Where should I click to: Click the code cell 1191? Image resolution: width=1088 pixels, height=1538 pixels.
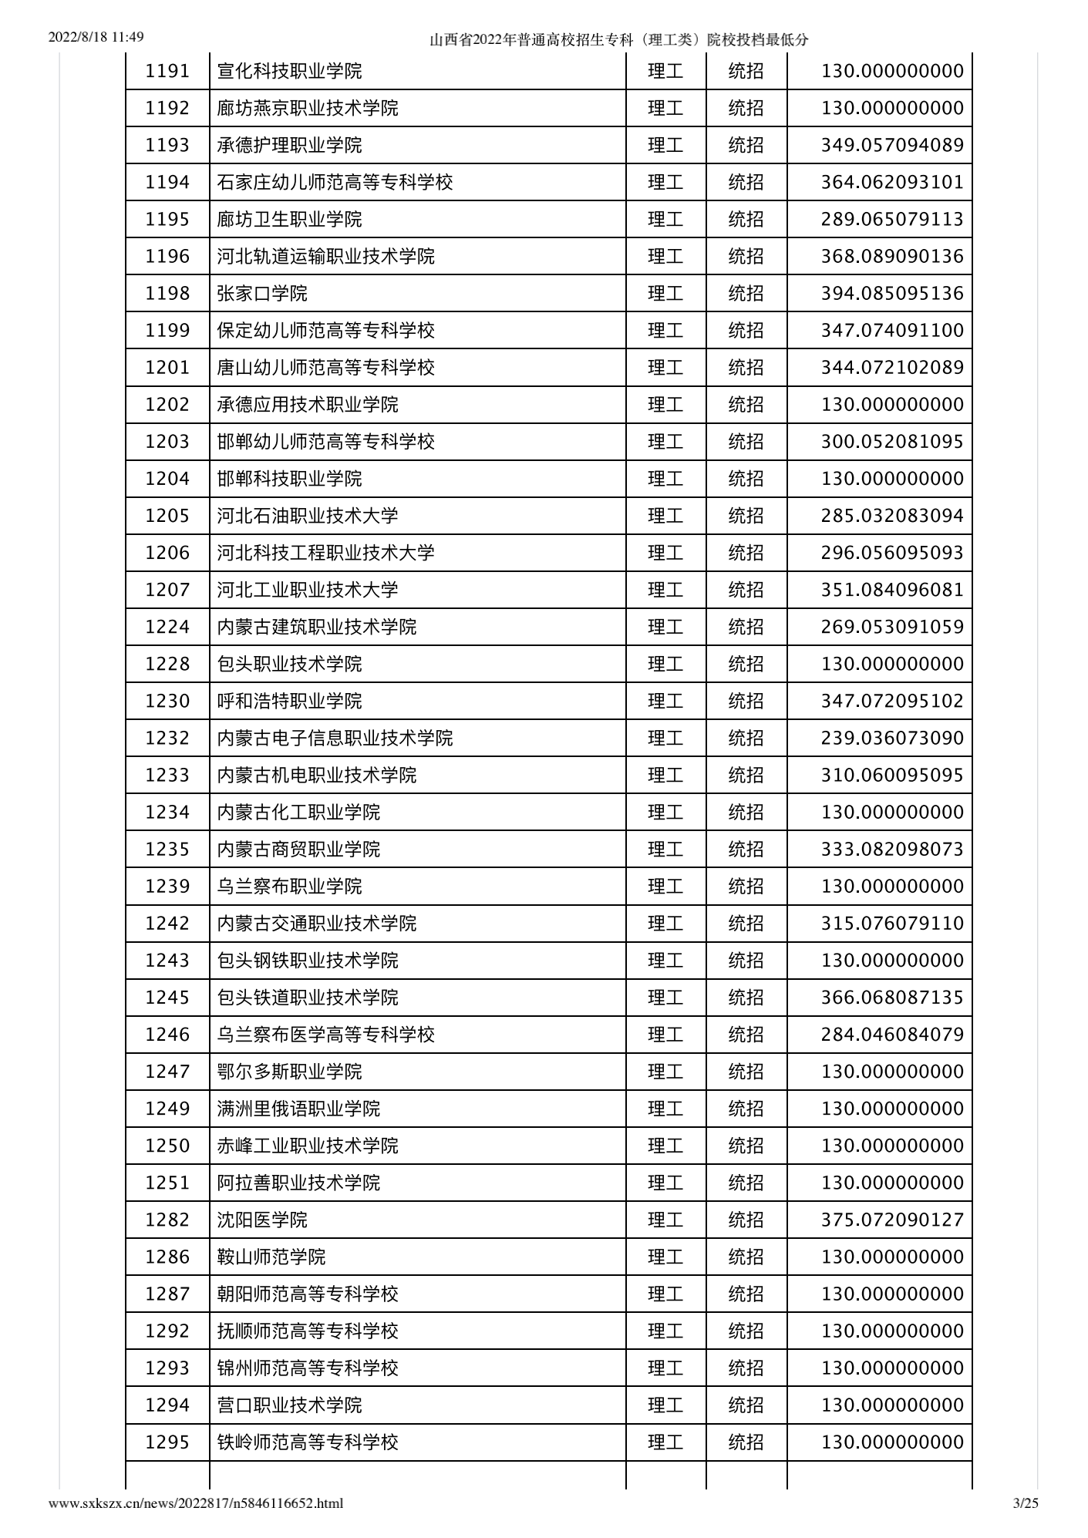(x=167, y=71)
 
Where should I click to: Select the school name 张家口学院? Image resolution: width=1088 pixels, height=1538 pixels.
(x=262, y=294)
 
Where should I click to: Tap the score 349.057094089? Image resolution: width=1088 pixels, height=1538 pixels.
(x=892, y=146)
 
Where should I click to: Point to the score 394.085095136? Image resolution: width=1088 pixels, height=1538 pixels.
(x=892, y=294)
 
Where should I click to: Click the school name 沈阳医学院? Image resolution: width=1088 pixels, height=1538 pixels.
(x=262, y=1220)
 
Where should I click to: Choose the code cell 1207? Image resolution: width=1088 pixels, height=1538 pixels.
(x=167, y=590)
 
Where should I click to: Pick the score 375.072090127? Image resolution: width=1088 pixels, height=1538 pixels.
(x=892, y=1220)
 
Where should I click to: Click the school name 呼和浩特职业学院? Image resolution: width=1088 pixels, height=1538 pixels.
(x=289, y=701)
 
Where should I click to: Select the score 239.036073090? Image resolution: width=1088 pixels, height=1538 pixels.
(x=892, y=738)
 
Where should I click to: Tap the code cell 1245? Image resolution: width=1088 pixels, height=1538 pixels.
(x=167, y=998)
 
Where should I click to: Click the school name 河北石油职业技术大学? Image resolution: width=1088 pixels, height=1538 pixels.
(x=308, y=516)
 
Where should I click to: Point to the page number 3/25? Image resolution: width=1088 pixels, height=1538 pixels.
(x=1026, y=1503)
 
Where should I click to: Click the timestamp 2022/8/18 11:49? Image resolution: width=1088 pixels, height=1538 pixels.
(x=96, y=37)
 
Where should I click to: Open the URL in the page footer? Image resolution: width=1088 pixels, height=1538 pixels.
(x=196, y=1503)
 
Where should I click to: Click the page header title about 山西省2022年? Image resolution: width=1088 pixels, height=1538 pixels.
(x=618, y=40)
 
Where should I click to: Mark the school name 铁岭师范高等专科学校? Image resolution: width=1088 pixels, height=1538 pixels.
(x=308, y=1442)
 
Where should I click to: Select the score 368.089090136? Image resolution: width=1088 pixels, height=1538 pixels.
(x=892, y=257)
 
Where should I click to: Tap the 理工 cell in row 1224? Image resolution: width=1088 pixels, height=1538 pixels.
(x=665, y=627)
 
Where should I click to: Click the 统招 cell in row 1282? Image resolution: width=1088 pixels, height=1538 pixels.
(x=746, y=1220)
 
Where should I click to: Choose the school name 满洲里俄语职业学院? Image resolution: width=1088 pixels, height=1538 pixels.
(x=298, y=1109)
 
